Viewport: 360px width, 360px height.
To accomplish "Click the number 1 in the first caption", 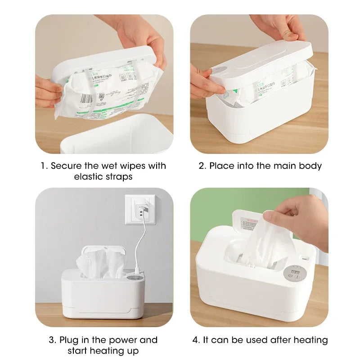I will tap(43, 166).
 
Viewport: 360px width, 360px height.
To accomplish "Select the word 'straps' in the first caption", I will tap(119, 177).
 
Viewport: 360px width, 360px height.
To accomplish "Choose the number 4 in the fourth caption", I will tap(196, 340).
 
